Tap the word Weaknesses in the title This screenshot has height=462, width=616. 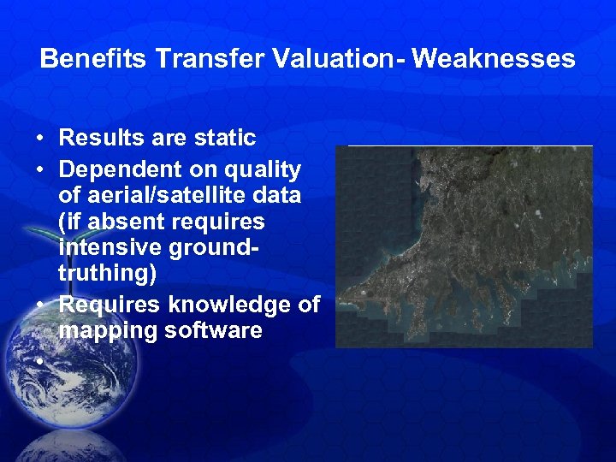pos(494,59)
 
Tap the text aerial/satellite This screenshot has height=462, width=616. pos(157,196)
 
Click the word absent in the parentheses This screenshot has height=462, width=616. pos(131,222)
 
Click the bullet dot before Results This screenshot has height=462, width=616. pos(40,139)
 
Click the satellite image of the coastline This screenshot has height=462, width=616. pos(464,246)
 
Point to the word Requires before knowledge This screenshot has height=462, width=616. pos(110,304)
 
